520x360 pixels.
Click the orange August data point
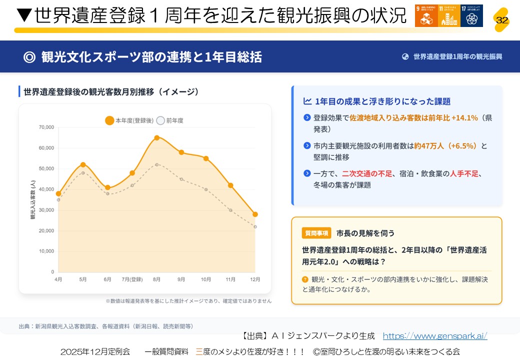pos(156,137)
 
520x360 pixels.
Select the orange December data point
pos(255,214)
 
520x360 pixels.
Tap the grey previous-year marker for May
pos(83,173)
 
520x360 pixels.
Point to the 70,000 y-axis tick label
pos(46,127)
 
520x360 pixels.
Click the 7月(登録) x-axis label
pos(132,279)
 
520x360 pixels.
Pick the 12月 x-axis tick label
pos(255,279)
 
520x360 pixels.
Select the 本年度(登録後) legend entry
pos(129,120)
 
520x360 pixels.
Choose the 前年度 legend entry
pos(170,120)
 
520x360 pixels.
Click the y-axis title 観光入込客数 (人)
pos(33,200)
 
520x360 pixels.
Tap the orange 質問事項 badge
pos(316,233)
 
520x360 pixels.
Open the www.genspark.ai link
pos(434,336)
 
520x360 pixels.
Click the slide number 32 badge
pos(501,19)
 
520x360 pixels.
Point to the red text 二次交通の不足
pos(367,173)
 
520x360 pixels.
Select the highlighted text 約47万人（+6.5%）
pos(446,146)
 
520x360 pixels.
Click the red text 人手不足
pos(464,173)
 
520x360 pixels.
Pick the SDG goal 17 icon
pos(471,15)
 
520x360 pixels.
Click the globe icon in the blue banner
pos(405,56)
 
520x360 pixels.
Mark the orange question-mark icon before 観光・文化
pos(305,279)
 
